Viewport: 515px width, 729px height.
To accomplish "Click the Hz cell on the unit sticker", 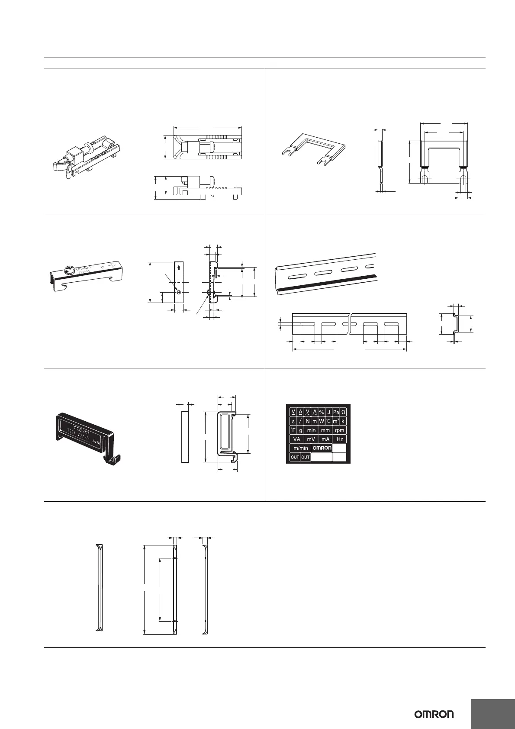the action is pyautogui.click(x=340, y=439).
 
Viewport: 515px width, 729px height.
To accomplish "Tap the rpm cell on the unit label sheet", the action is pyautogui.click(x=340, y=430).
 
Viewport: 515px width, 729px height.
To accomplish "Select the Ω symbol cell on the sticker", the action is pyautogui.click(x=343, y=412).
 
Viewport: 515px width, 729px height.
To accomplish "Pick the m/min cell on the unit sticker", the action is pyautogui.click(x=301, y=448).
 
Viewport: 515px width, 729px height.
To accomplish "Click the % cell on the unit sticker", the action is pyautogui.click(x=322, y=412).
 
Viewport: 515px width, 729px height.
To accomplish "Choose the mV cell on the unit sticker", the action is pyautogui.click(x=311, y=439).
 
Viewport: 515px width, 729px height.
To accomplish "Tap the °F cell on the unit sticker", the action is pyautogui.click(x=293, y=430).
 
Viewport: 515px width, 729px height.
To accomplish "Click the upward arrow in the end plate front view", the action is pyautogui.click(x=179, y=267).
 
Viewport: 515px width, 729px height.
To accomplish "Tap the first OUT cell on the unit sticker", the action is pyautogui.click(x=295, y=457).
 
